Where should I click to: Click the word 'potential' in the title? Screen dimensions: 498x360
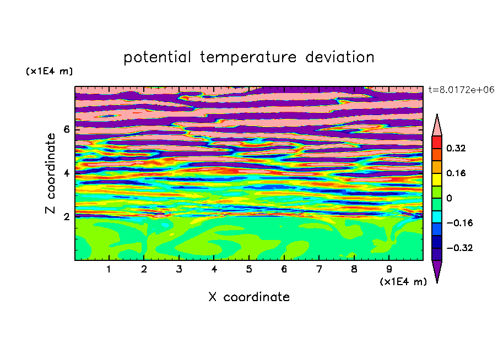157,58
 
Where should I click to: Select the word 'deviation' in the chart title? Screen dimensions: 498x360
339,57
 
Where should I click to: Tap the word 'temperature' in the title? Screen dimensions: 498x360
248,58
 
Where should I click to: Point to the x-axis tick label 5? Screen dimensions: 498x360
249,269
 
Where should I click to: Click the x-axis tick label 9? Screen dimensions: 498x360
389,269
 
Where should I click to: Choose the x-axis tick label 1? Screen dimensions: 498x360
109,269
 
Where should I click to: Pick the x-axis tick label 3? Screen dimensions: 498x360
179,269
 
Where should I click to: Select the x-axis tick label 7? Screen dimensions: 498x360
319,269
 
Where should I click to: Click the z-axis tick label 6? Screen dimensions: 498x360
66,129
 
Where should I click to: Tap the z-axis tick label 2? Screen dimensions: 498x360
66,216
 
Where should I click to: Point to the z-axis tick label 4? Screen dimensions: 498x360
66,173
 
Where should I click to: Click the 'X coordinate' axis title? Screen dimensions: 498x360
249,297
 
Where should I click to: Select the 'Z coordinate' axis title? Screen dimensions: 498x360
50,173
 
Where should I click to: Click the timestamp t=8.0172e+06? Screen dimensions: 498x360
462,90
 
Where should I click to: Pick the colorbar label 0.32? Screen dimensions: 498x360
456,148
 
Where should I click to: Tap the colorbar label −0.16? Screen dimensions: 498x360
459,223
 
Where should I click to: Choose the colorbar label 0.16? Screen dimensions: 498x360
456,173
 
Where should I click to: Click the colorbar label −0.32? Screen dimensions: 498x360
459,248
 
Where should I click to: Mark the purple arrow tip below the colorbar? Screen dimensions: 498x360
437,282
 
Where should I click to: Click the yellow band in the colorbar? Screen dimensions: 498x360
437,179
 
